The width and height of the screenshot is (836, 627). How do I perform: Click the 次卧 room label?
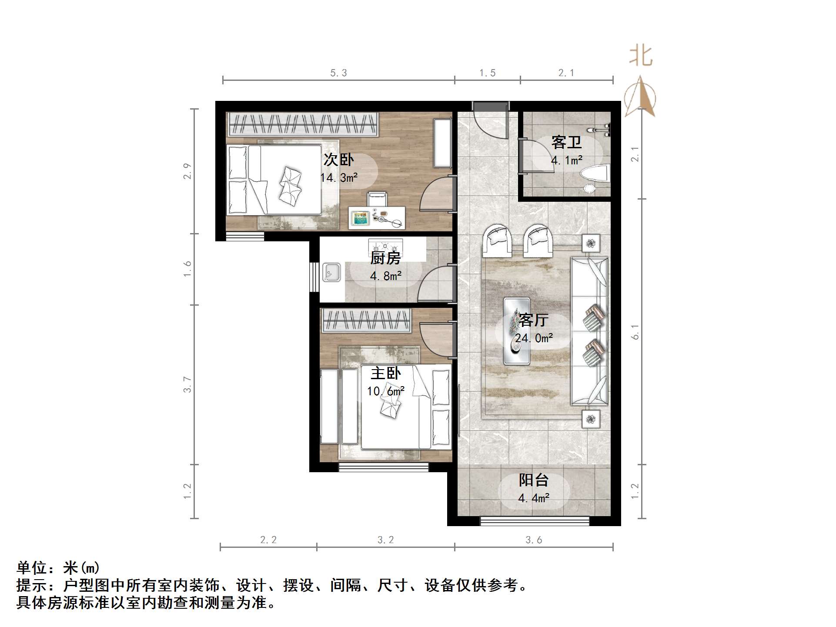(x=338, y=160)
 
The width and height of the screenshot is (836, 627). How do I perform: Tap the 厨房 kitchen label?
(x=385, y=258)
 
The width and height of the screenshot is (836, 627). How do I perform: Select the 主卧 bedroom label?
(x=386, y=373)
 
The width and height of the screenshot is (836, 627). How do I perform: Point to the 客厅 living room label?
(x=534, y=320)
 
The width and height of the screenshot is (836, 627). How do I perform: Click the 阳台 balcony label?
(x=534, y=480)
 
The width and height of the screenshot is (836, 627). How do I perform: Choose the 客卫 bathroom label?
(x=566, y=142)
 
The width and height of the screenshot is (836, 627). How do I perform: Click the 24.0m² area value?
(x=534, y=338)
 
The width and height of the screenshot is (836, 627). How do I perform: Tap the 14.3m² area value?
(x=339, y=177)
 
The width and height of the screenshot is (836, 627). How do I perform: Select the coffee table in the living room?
(x=517, y=331)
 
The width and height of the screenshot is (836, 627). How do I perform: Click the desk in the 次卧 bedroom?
(x=377, y=218)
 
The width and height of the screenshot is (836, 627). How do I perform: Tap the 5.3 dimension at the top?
(x=338, y=73)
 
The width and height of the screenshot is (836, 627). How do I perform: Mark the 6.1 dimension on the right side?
(x=635, y=332)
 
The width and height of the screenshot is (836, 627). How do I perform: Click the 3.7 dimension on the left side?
(x=187, y=385)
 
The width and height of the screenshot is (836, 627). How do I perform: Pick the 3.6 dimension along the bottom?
(x=534, y=540)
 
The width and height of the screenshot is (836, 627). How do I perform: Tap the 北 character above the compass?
(x=641, y=56)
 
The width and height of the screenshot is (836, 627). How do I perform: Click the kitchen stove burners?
(x=385, y=246)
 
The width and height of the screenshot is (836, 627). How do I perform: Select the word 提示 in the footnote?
(x=32, y=585)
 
